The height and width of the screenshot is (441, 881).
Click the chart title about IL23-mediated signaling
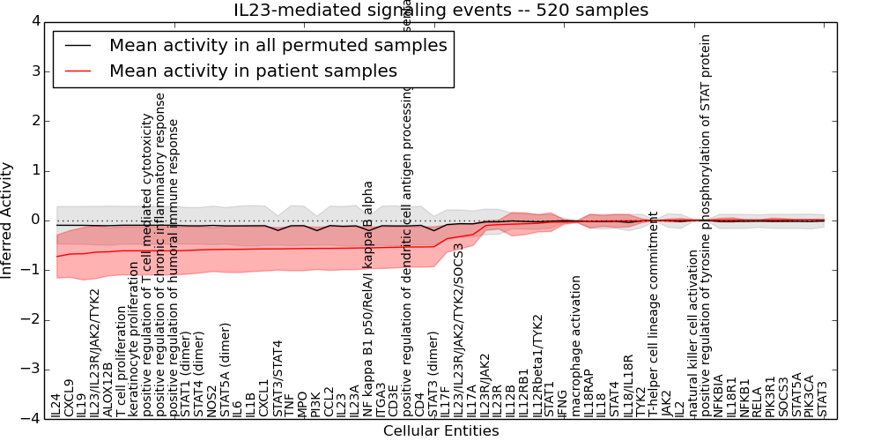point(440,11)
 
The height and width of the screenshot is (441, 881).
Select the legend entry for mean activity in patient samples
point(253,71)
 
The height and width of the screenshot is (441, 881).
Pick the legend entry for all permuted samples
point(278,46)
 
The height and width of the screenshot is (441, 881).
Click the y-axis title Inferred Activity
point(8,220)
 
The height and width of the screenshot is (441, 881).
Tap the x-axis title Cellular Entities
point(440,431)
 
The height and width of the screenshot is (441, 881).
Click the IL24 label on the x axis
point(56,405)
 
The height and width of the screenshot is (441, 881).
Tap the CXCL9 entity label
point(70,398)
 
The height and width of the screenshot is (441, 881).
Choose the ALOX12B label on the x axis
point(108,389)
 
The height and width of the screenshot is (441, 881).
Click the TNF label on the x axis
point(290,405)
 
